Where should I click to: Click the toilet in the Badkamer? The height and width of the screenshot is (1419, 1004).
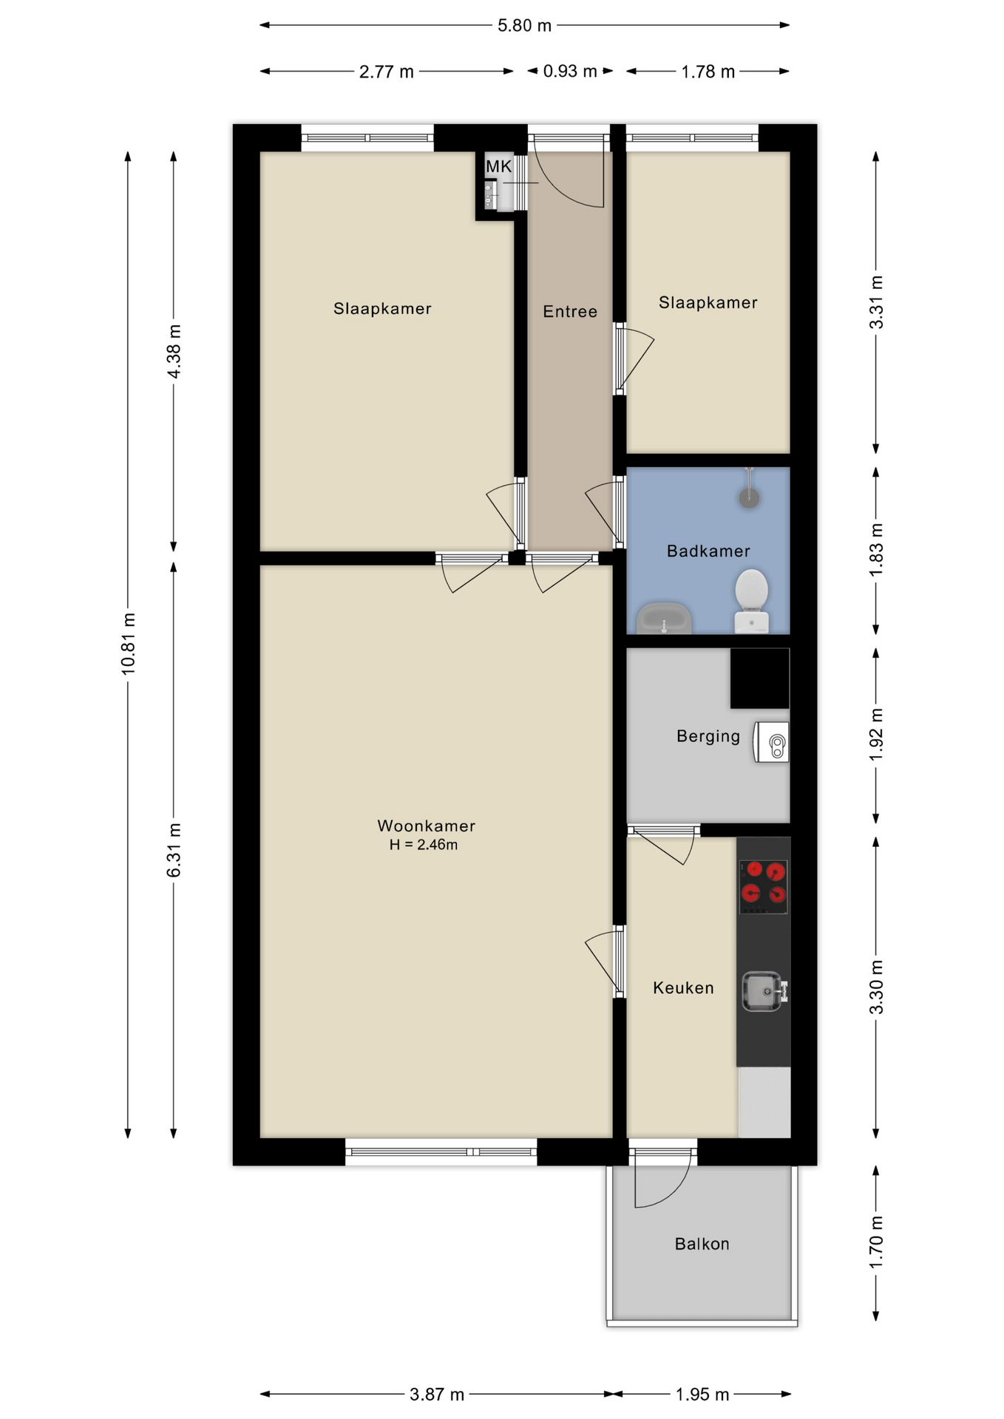[x=751, y=601]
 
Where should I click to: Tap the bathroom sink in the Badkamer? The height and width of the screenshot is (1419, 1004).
[x=664, y=619]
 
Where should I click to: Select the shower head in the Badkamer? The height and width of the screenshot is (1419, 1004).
[x=749, y=490]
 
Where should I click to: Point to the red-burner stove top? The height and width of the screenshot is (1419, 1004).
[x=764, y=886]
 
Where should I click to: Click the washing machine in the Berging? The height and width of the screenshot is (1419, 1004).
[x=771, y=742]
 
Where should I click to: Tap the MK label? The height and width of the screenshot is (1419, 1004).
[x=498, y=166]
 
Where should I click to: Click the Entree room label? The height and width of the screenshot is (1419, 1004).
[x=570, y=311]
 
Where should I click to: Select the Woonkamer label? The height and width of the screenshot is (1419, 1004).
[x=426, y=826]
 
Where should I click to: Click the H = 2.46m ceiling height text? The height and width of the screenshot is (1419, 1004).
[x=424, y=845]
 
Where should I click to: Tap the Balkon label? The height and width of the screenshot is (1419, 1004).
[x=702, y=1244]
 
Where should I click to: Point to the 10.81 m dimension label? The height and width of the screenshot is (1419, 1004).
[x=129, y=644]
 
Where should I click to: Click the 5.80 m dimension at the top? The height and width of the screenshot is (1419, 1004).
[x=524, y=25]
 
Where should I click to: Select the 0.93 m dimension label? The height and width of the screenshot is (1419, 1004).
[x=570, y=71]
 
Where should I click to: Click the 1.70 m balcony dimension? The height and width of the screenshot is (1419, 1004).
[x=876, y=1242]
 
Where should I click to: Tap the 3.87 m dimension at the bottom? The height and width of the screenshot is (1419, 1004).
[x=437, y=1394]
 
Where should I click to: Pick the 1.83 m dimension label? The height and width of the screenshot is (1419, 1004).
[x=876, y=551]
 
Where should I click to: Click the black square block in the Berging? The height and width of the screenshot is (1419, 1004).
[x=760, y=678]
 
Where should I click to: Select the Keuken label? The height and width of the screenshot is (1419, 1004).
[x=683, y=987]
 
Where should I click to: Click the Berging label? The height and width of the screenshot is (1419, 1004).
[x=708, y=736]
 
